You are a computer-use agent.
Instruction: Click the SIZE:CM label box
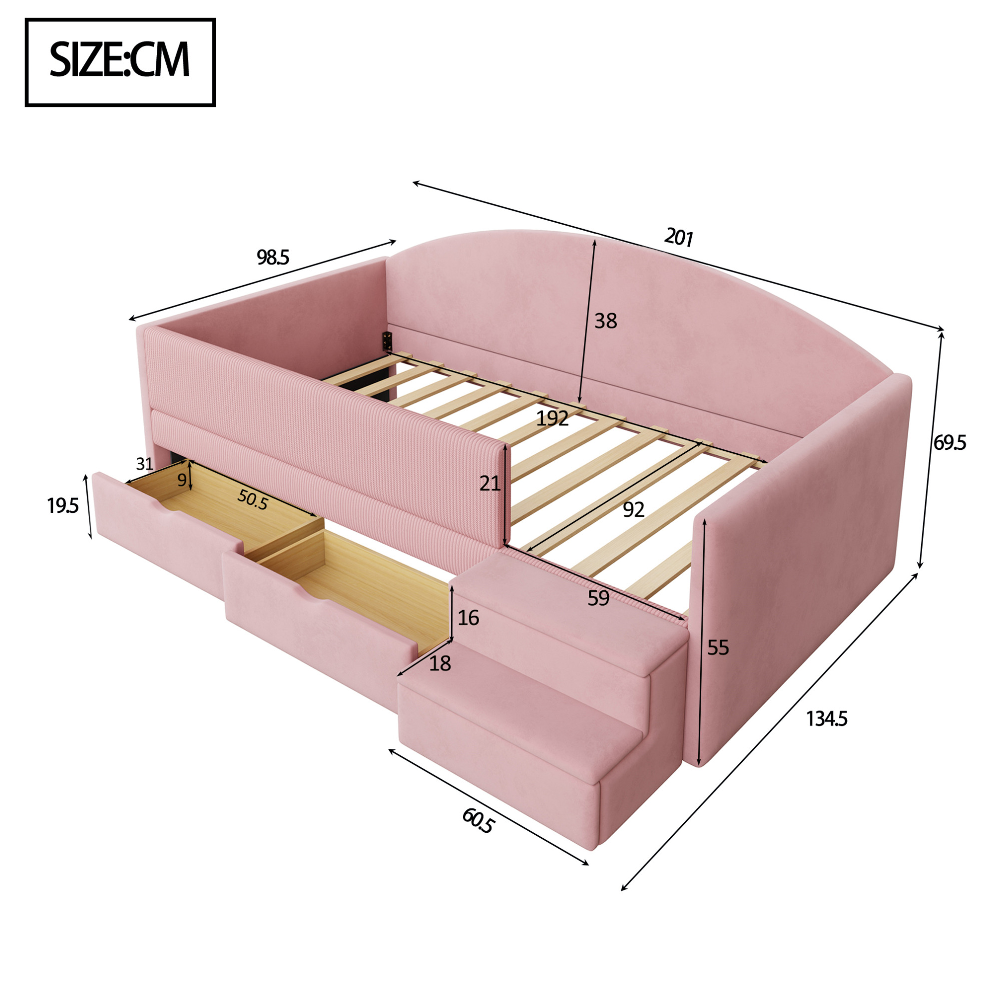[120, 62]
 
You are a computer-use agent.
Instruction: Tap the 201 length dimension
[678, 238]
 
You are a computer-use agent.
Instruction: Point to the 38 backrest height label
[606, 321]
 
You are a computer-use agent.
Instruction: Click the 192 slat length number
[552, 418]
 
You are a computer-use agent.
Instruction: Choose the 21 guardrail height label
[490, 483]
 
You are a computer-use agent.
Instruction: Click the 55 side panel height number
[718, 648]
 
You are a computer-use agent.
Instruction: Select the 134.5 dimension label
[827, 719]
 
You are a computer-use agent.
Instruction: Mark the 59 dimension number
[598, 598]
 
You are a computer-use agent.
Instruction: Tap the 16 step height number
[468, 618]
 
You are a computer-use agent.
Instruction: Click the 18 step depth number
[440, 664]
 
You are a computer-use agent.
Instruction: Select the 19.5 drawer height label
[63, 506]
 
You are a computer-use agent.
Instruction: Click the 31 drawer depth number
[145, 464]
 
